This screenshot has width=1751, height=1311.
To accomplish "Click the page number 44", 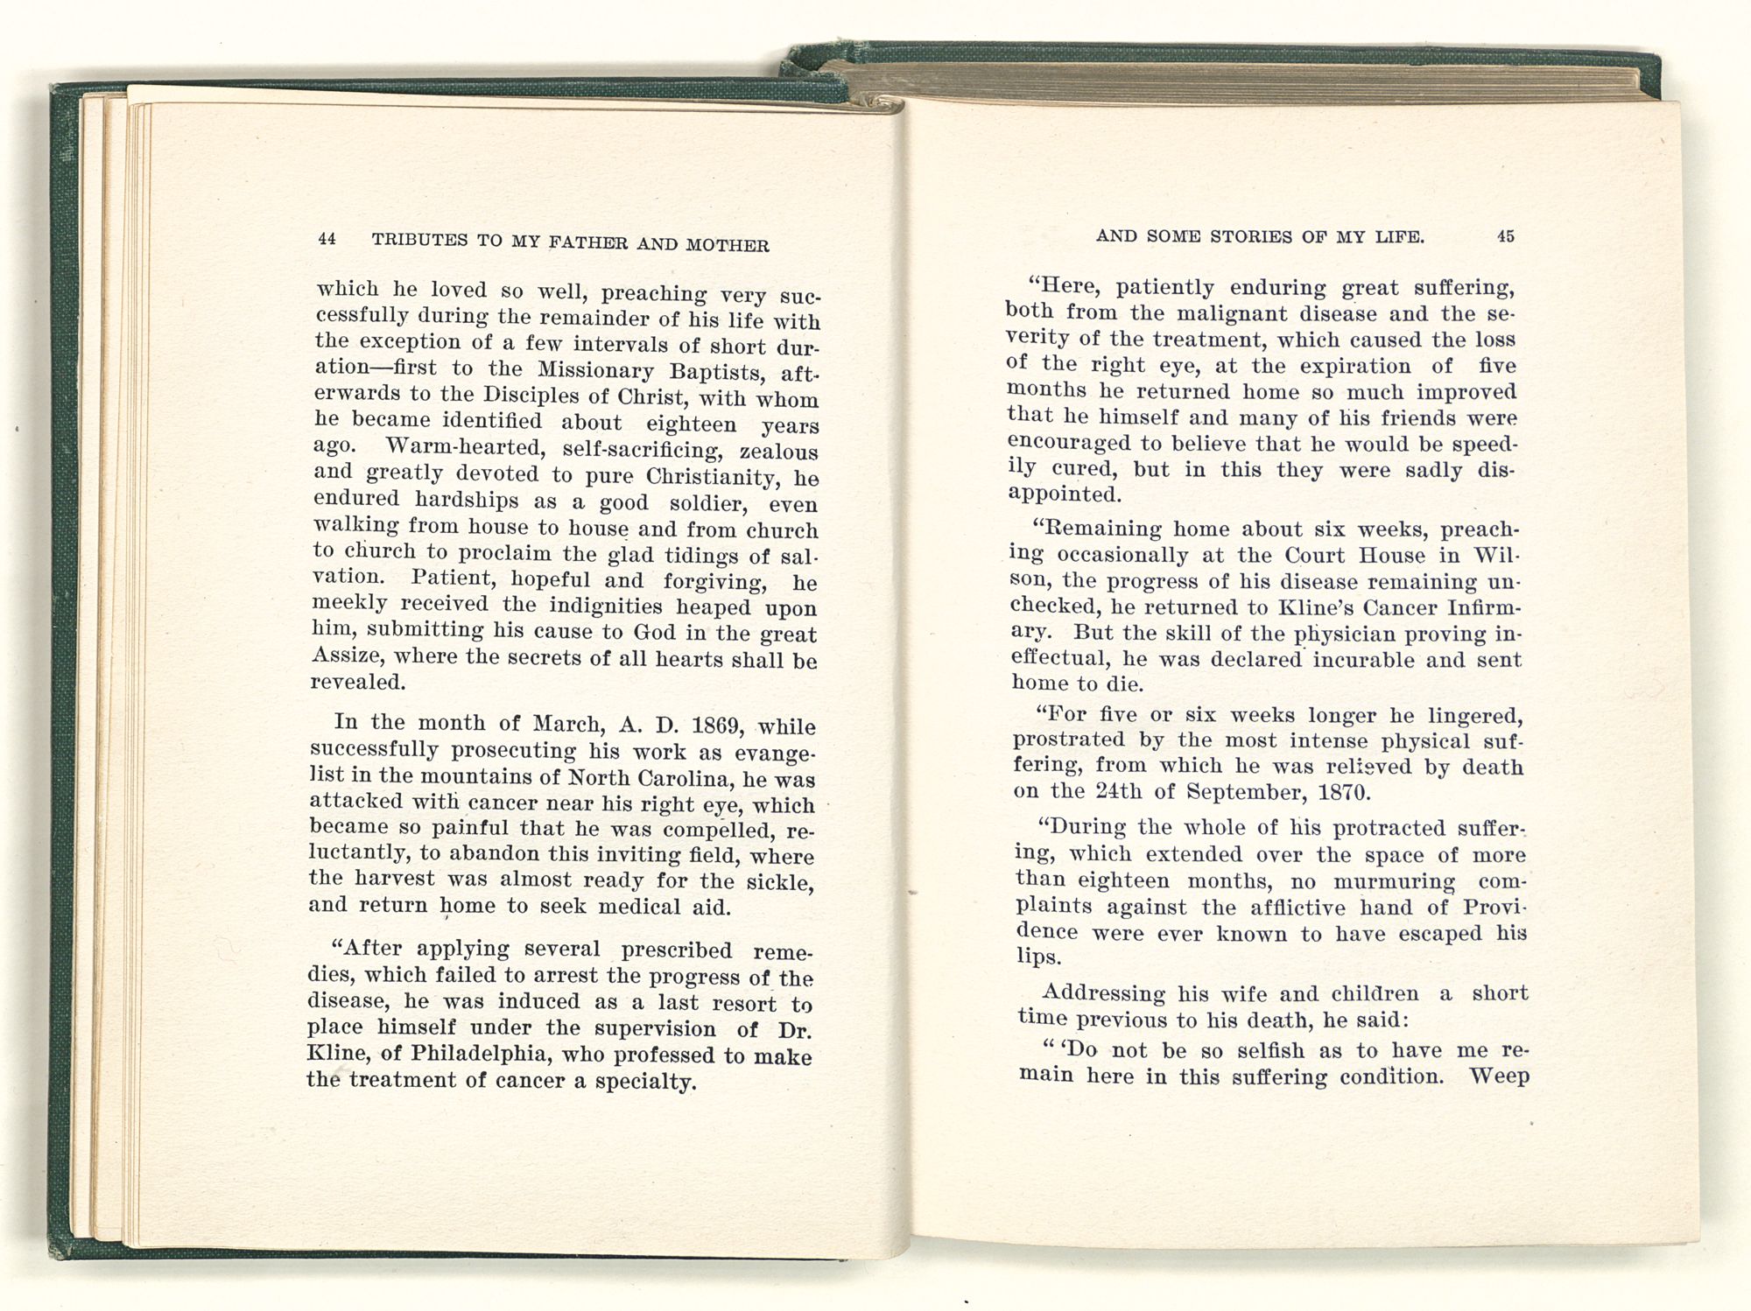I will pyautogui.click(x=327, y=238).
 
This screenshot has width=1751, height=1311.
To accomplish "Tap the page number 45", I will pyautogui.click(x=1506, y=235).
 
